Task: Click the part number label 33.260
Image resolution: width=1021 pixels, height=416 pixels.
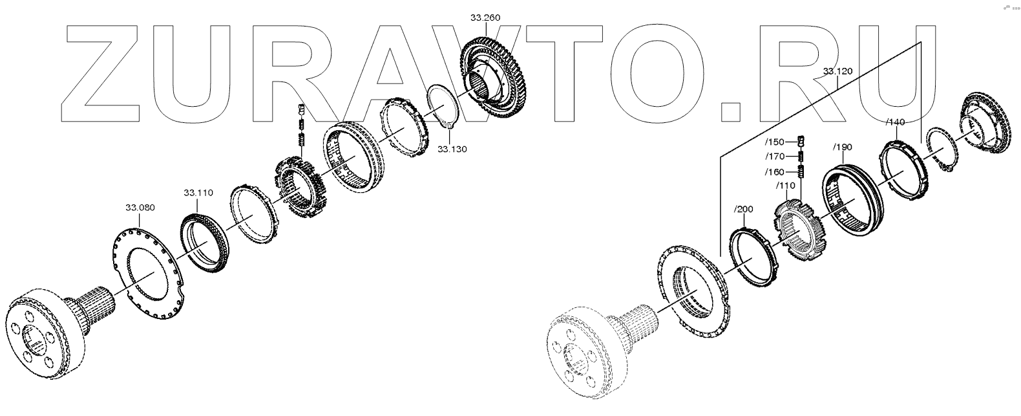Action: [x=485, y=17]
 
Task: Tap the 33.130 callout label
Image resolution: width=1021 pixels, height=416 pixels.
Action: [x=452, y=149]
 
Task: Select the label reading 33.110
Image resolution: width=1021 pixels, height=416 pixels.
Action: [x=198, y=193]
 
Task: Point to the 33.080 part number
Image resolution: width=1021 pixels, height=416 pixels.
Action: [x=140, y=208]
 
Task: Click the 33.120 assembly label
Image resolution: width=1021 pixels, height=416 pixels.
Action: [x=837, y=71]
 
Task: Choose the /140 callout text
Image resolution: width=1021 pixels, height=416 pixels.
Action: [x=895, y=122]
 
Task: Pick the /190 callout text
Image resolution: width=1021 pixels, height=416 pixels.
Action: [x=843, y=148]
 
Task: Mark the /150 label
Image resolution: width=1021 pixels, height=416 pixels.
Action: [x=775, y=142]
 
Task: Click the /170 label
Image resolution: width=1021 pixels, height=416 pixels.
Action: [x=775, y=157]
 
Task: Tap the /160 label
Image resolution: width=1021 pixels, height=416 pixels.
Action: [x=775, y=172]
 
